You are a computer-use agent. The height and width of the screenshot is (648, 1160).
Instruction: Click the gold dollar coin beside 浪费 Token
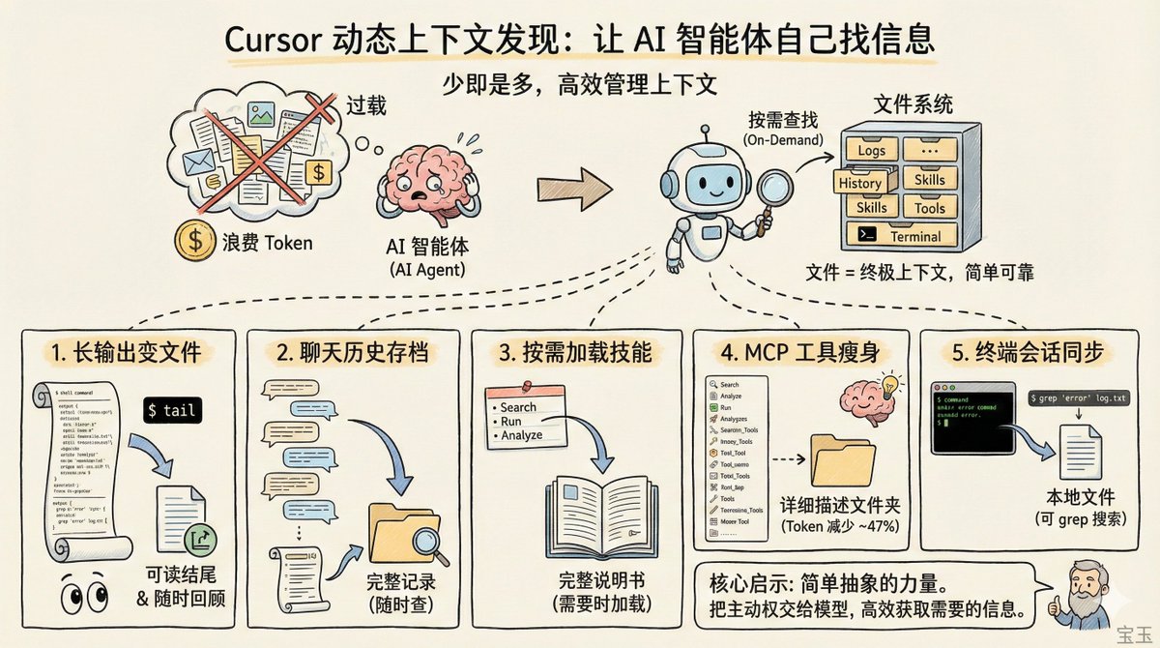point(189,242)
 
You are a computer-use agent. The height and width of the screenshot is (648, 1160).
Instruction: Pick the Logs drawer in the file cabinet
point(871,151)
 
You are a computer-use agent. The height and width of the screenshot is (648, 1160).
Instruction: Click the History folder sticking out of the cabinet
point(859,183)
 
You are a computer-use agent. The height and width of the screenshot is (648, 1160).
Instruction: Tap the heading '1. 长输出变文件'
point(137,353)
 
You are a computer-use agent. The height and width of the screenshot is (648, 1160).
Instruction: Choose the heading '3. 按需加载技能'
point(575,353)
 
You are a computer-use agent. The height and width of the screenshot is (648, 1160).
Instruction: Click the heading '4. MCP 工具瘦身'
point(799,353)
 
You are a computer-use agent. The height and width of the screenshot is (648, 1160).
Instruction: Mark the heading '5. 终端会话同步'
point(1027,353)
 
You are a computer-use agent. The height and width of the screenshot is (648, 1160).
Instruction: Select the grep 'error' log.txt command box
point(1080,398)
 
